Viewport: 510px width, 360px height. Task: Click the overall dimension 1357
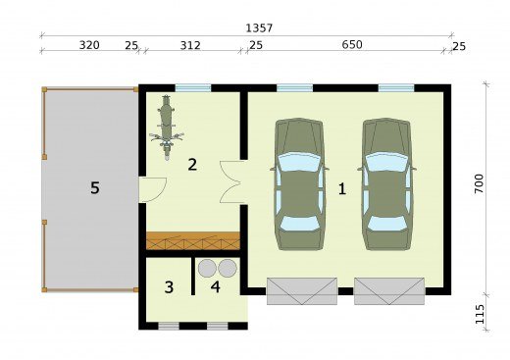tap(259, 28)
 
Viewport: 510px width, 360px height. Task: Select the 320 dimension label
tap(89, 45)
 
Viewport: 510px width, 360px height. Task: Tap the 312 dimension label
tap(190, 45)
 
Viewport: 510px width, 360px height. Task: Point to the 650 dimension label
tap(352, 45)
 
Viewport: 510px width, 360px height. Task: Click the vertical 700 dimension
tap(479, 183)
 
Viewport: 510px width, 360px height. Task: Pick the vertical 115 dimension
tap(480, 314)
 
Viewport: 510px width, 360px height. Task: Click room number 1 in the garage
tap(342, 188)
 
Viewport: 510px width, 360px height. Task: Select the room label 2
tap(192, 165)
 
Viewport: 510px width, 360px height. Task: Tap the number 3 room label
tap(169, 287)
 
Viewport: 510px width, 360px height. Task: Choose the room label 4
tap(216, 286)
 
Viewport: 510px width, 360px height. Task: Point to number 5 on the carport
tap(95, 188)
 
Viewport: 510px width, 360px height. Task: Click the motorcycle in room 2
tap(167, 128)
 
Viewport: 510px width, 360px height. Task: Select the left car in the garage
tap(299, 184)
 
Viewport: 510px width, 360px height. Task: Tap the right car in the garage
tap(386, 184)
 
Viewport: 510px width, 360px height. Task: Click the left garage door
tap(302, 291)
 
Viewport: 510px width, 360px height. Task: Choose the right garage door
tap(389, 291)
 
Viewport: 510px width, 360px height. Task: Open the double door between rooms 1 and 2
tap(231, 181)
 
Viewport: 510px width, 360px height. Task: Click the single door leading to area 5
tap(153, 189)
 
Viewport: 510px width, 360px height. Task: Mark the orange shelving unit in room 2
tap(193, 240)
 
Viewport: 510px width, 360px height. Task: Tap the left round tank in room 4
tap(207, 268)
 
